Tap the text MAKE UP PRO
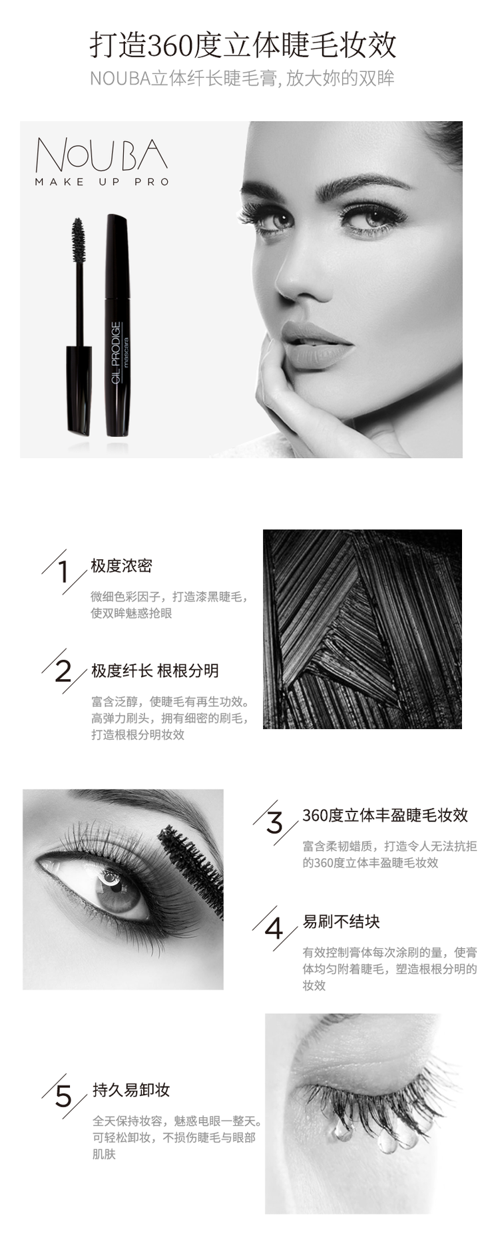point(102,182)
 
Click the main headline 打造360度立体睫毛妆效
point(243,45)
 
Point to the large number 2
point(63,671)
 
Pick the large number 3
point(274,823)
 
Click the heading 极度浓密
point(122,566)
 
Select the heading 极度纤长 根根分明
point(155,670)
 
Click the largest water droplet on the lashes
point(389,1141)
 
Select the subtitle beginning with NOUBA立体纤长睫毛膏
point(242,79)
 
